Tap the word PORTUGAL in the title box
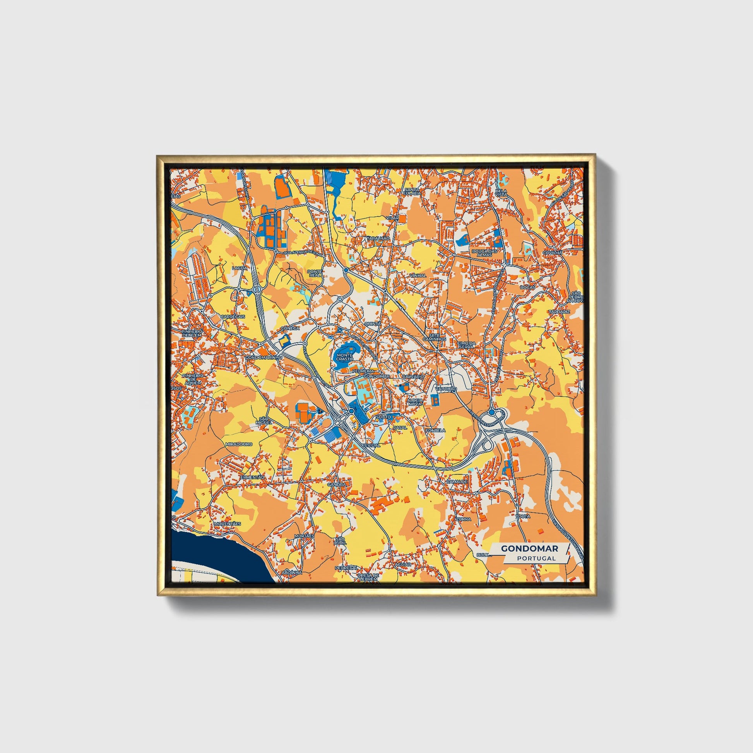536,558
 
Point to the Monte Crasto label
344,357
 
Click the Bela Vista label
501,192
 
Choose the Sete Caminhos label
437,337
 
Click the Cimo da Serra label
466,344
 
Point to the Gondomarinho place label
261,357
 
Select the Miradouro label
238,444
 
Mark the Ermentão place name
252,477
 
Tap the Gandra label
336,484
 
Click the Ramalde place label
457,482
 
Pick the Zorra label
465,519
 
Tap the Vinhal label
418,275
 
